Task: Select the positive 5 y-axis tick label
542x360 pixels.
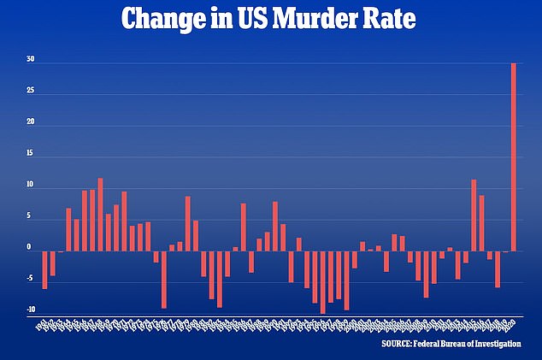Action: point(30,217)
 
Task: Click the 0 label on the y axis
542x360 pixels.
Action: point(30,249)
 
